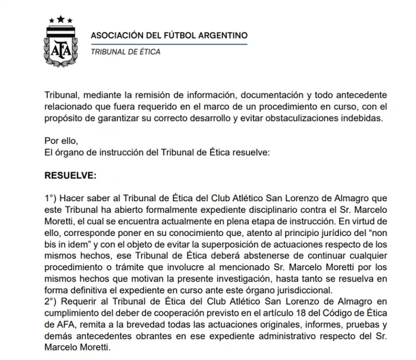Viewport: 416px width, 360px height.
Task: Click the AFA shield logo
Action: coord(61,43)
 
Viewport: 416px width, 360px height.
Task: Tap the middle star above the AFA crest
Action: coord(61,18)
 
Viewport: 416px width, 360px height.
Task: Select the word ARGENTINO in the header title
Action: coord(220,35)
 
